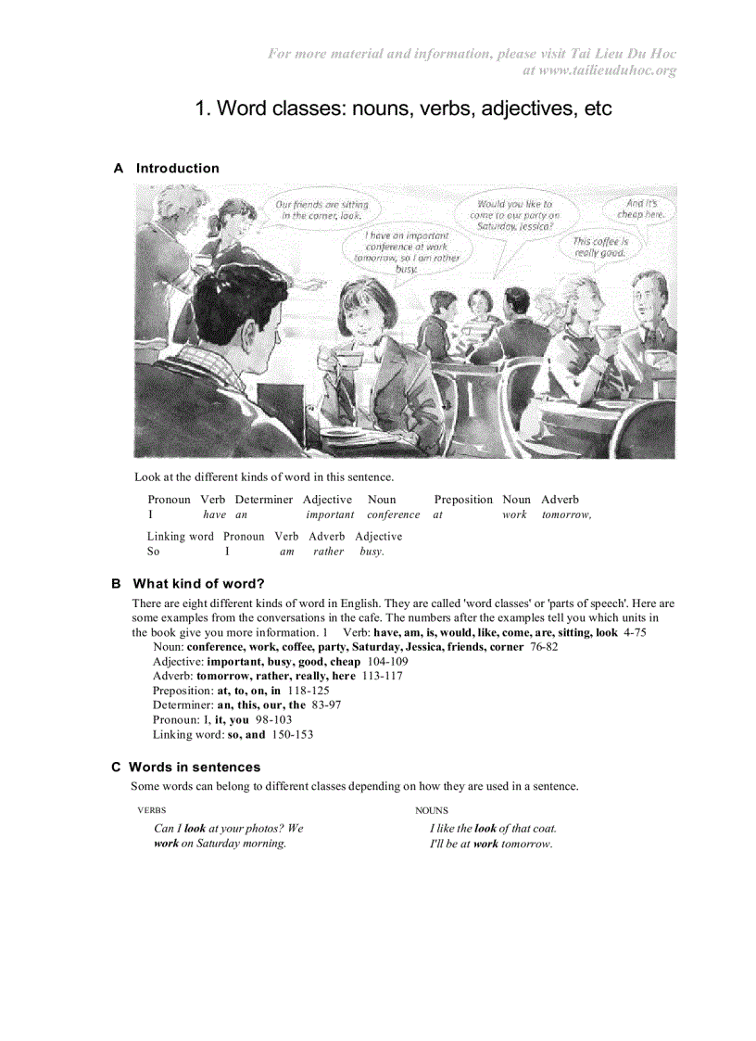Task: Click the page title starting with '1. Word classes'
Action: coord(403,108)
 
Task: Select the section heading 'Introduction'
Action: coord(177,168)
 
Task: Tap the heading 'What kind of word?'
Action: coord(198,583)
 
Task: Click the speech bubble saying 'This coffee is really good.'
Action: coord(599,247)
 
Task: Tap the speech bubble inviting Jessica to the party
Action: coord(514,214)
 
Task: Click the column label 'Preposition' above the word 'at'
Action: coord(463,499)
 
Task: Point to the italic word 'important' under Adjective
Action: coord(330,514)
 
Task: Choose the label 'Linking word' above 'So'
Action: coord(180,536)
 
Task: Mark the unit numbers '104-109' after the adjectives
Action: coord(387,662)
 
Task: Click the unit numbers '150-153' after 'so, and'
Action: coord(292,734)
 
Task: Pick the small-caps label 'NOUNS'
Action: coord(431,810)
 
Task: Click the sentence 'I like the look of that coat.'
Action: coord(493,828)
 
